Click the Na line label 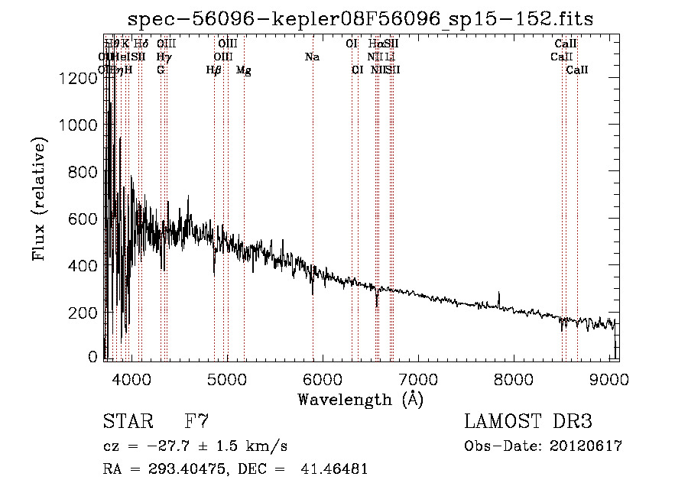[x=312, y=57]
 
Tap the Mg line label [x=244, y=70]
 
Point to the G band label [x=161, y=70]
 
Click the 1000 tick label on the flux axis [x=76, y=125]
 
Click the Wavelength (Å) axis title [x=360, y=398]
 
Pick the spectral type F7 [x=196, y=421]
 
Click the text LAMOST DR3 [x=528, y=421]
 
